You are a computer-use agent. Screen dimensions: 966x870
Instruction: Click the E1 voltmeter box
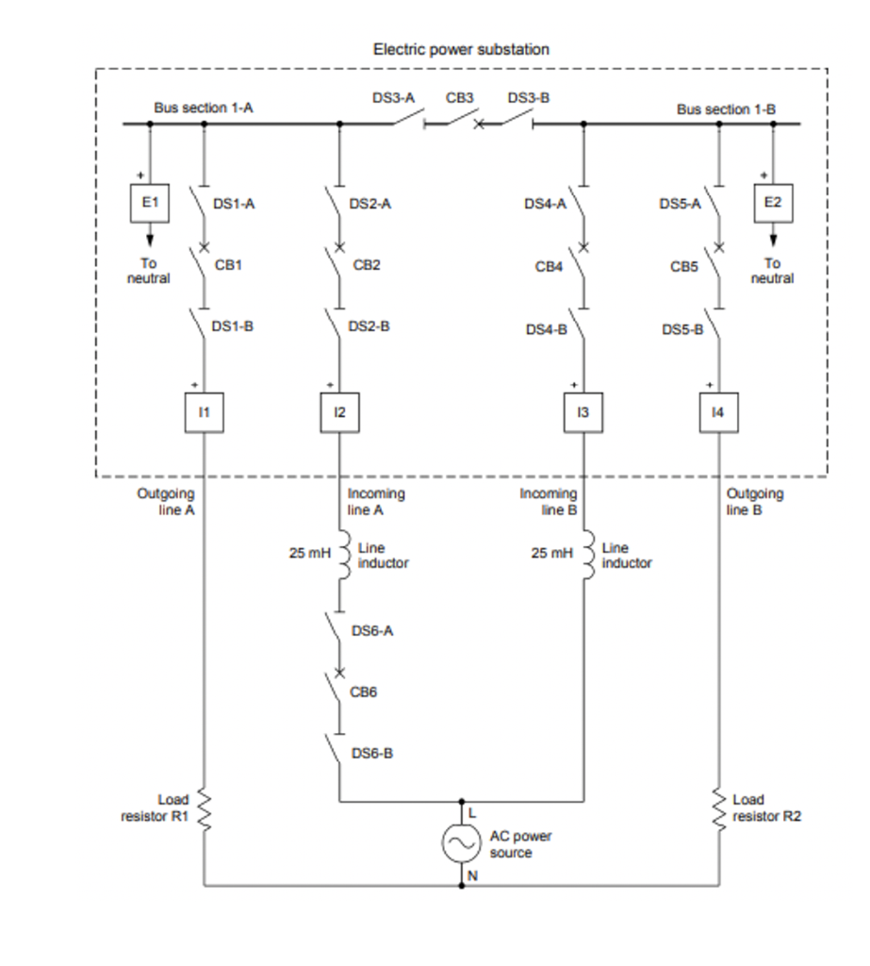point(149,203)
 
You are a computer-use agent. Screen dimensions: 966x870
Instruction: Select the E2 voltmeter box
point(773,203)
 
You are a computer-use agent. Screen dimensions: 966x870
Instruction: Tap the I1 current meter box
point(204,413)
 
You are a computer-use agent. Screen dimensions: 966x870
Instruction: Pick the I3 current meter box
point(583,413)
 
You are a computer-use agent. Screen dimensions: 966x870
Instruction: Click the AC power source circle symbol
point(462,844)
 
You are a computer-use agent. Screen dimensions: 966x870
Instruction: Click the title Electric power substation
point(461,49)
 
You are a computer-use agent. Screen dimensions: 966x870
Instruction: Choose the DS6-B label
point(372,754)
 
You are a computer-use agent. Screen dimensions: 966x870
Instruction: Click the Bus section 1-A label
point(204,108)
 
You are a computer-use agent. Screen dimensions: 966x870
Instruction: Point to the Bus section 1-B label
point(726,109)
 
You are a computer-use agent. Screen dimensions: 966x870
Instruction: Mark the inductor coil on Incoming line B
point(587,554)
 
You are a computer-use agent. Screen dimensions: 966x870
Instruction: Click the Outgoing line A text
point(166,502)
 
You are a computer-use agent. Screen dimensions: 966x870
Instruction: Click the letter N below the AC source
point(472,875)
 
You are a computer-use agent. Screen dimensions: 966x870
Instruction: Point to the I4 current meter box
point(719,413)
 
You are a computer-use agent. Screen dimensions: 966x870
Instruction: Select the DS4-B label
point(547,329)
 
